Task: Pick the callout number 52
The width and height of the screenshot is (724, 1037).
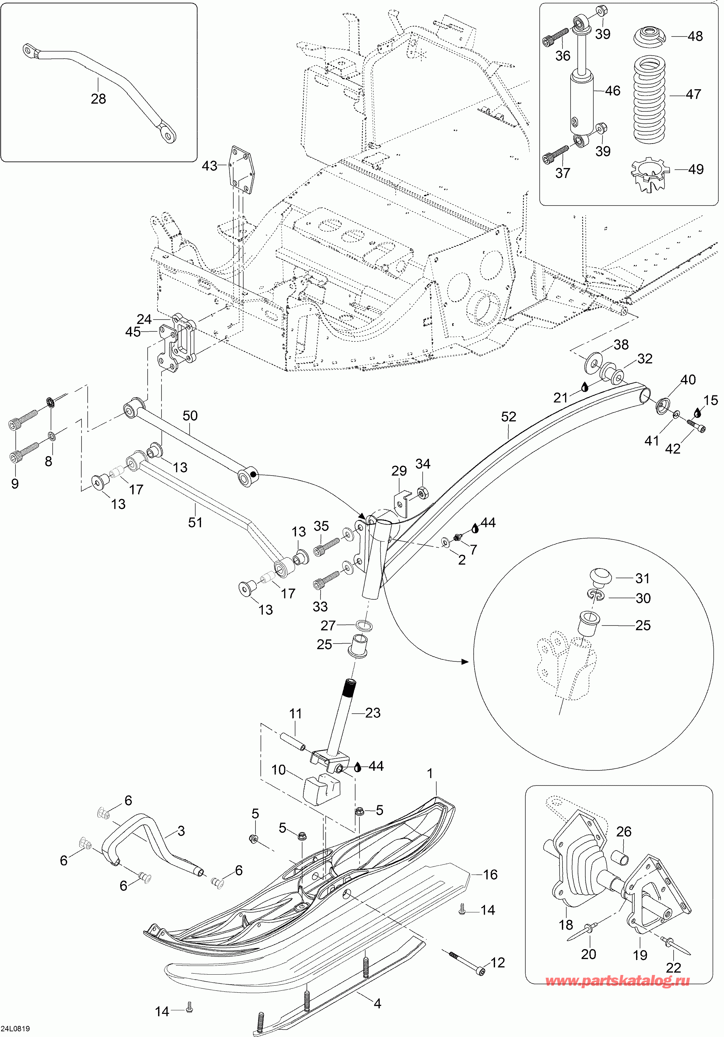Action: [509, 417]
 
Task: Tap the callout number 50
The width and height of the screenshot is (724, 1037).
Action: [190, 416]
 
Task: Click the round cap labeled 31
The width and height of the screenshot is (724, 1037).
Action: [600, 577]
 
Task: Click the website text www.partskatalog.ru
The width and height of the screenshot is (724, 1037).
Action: [617, 981]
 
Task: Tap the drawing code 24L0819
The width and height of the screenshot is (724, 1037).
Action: [16, 1028]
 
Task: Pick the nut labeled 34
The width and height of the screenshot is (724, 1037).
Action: [422, 493]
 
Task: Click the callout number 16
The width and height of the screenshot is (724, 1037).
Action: [490, 874]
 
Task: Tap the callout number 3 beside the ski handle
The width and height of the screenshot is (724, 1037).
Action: [181, 831]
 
